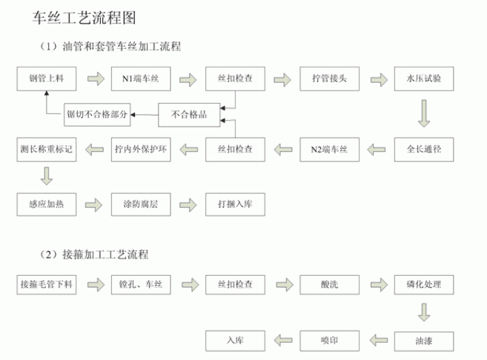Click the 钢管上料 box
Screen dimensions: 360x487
point(46,79)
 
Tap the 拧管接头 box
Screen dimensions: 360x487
point(329,79)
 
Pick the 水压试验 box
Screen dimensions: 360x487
point(424,79)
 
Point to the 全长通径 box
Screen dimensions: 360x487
point(424,148)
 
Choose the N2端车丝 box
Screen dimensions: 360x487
point(329,148)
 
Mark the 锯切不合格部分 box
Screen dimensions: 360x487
point(98,114)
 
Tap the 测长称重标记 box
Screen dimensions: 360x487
point(46,148)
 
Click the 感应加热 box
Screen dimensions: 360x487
point(46,203)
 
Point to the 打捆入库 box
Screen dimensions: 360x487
point(234,203)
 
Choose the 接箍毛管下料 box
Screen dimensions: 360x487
point(46,284)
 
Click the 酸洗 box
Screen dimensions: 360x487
point(329,284)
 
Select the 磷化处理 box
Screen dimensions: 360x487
point(424,284)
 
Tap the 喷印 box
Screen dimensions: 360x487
point(329,340)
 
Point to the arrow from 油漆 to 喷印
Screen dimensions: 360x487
point(376,340)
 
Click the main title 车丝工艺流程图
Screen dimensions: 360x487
point(80,18)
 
